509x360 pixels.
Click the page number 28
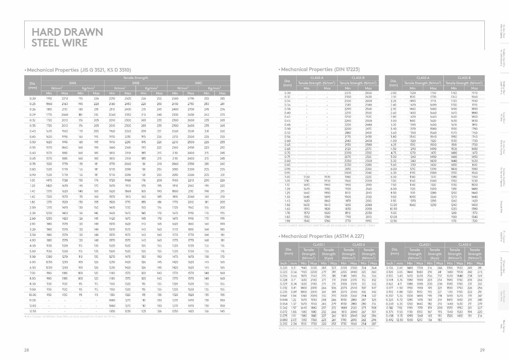pos(26,350)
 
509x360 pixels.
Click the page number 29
pos(482,350)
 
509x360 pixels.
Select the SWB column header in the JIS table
pos(136,83)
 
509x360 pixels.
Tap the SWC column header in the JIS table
pos(198,83)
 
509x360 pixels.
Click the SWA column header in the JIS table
pos(72,83)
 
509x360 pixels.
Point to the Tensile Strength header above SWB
pos(136,78)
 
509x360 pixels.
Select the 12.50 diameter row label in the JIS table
pos(33,311)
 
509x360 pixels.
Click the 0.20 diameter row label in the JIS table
pos(33,98)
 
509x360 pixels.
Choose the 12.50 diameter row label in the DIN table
pos(394,221)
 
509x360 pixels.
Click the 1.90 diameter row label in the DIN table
pos(288,221)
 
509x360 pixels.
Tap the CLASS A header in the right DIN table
pos(423,78)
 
